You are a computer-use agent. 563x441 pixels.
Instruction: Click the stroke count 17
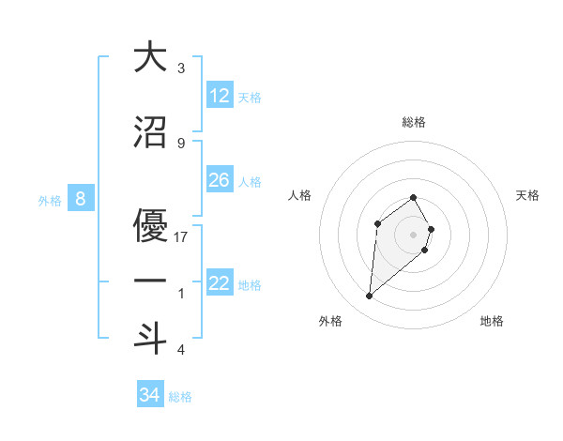pos(181,236)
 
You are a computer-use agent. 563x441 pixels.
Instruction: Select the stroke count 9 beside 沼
pos(181,143)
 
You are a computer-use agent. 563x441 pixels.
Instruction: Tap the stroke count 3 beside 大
pos(181,68)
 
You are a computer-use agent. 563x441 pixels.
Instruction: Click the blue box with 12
pos(220,96)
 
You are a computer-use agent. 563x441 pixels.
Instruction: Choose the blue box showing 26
pos(220,179)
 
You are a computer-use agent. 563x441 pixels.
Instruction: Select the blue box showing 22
pos(220,283)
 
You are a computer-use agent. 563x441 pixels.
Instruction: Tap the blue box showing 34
pos(150,395)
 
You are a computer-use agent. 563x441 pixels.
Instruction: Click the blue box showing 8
pos(81,199)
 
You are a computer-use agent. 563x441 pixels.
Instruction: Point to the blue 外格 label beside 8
pos(50,200)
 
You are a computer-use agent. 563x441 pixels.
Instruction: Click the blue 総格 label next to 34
pos(180,396)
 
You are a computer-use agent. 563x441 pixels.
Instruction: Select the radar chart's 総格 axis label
pos(414,122)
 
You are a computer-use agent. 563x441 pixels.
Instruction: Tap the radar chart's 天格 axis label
pos(528,195)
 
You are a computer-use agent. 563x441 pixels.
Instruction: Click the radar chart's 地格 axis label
pos(492,321)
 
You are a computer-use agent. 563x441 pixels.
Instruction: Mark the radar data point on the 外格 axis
pos(370,297)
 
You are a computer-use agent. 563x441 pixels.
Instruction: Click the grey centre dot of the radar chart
pos(414,234)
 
